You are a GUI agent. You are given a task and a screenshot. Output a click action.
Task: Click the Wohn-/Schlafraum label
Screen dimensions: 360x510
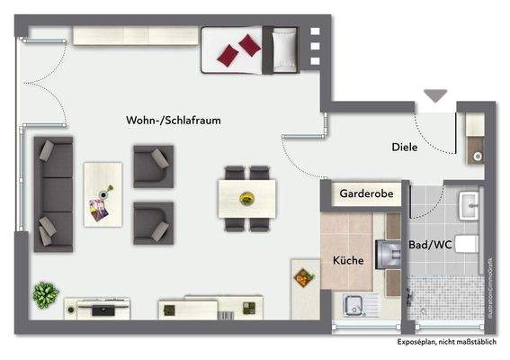click(x=174, y=121)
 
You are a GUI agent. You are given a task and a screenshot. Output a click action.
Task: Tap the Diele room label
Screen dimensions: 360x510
click(x=404, y=148)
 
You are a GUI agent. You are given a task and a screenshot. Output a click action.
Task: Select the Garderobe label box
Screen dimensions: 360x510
click(x=364, y=193)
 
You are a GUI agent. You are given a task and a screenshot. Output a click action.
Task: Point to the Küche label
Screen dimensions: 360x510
click(x=348, y=260)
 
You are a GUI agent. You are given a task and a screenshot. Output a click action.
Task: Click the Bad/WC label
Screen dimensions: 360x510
click(x=429, y=244)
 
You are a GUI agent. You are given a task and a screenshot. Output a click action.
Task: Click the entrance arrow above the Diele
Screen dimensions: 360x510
click(x=436, y=94)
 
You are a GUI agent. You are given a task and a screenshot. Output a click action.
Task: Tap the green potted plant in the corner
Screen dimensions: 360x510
click(x=43, y=294)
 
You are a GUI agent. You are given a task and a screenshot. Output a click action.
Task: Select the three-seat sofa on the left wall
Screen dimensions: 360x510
click(x=53, y=193)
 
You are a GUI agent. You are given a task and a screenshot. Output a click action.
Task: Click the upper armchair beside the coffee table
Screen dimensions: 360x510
click(x=151, y=166)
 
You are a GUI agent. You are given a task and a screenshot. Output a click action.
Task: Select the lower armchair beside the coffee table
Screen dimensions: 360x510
click(x=152, y=221)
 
